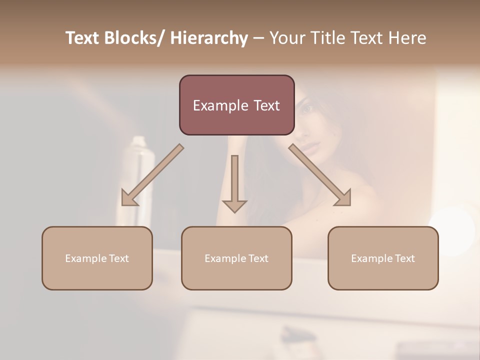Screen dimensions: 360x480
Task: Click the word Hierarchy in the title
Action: pos(209,38)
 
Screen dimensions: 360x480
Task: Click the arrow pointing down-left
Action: pos(152,175)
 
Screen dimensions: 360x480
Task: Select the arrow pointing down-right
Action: pos(320,175)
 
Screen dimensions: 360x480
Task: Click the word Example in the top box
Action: pos(220,105)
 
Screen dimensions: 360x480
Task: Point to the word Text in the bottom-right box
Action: pos(404,258)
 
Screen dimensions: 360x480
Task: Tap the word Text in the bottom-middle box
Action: pos(258,258)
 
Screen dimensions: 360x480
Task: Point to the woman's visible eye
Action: pos(306,108)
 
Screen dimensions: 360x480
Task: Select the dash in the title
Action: pos(258,38)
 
